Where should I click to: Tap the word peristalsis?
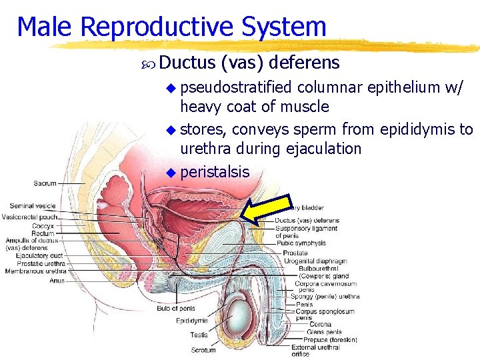point(215,171)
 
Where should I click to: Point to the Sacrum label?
point(45,183)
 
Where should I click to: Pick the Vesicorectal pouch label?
point(30,217)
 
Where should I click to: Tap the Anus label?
point(57,280)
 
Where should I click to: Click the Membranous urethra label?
point(35,271)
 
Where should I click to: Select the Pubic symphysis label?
point(301,244)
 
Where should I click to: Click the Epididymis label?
point(192,321)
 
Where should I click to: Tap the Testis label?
point(199,335)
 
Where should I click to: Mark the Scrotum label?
point(203,349)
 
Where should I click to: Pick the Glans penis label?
point(325,332)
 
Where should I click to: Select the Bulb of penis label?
point(176,308)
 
